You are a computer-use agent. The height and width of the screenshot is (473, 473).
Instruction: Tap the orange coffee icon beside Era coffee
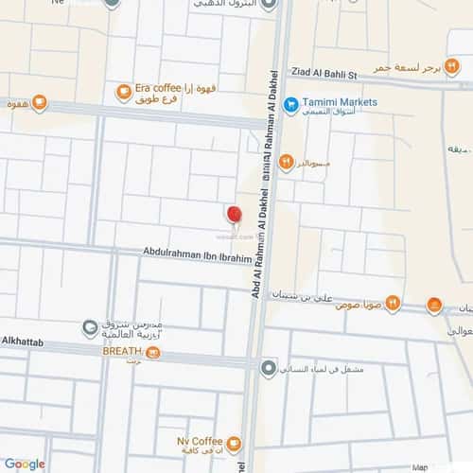point(123,92)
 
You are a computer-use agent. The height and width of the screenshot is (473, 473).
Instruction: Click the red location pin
point(235,214)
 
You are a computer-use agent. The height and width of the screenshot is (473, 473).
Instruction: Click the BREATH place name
point(122,350)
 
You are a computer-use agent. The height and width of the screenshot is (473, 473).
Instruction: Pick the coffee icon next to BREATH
point(153,353)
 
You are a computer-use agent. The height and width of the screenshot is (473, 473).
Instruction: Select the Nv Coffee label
point(199,441)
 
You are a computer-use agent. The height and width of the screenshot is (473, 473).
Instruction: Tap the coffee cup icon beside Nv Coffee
point(234,443)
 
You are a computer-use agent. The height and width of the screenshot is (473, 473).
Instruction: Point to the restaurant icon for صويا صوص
point(393,304)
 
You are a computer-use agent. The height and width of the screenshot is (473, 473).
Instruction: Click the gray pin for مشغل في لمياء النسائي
point(269,368)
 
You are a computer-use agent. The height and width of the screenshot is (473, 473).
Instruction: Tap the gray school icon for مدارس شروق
point(90,328)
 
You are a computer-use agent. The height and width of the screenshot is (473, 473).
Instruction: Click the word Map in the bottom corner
point(420,466)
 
